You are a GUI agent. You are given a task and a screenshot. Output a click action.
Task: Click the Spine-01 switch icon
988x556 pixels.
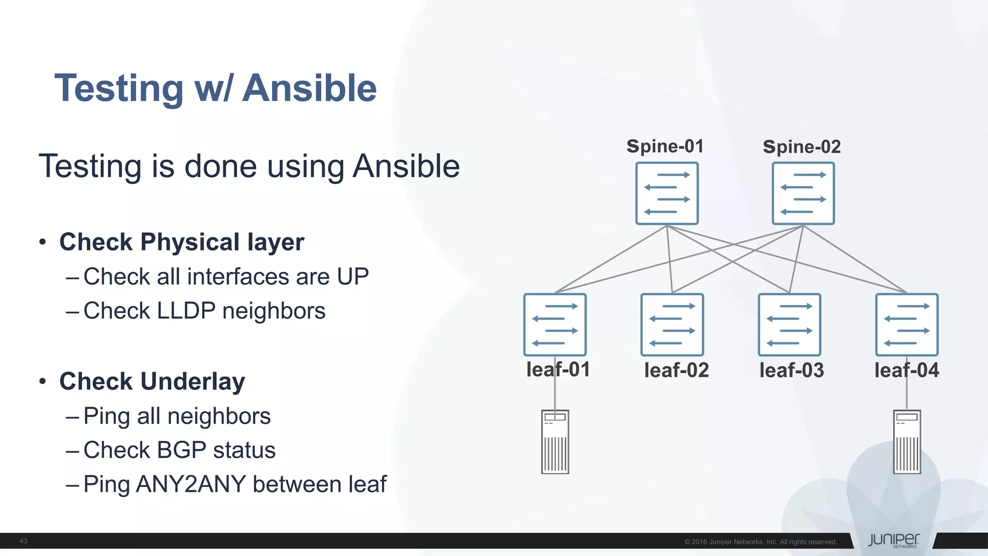point(667,194)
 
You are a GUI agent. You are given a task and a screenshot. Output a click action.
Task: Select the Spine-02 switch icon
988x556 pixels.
point(803,194)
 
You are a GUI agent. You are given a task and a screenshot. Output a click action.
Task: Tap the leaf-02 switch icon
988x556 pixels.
point(672,325)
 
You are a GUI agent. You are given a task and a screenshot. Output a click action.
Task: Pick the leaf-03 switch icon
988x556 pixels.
point(789,325)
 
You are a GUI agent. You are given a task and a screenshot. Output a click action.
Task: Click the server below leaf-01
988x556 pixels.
point(555,442)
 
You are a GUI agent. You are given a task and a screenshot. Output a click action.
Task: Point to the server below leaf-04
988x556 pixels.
point(907,442)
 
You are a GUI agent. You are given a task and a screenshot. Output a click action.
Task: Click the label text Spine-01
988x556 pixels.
point(665,146)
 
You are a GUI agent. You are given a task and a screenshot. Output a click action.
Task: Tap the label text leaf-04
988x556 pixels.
point(906,370)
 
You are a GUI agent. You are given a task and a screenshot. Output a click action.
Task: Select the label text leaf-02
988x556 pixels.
point(676,370)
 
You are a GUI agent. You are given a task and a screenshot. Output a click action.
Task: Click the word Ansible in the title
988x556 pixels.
point(309,88)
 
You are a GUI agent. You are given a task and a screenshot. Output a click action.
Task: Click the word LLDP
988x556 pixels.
point(186,311)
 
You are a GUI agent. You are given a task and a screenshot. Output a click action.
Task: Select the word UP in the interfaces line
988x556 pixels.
point(353,277)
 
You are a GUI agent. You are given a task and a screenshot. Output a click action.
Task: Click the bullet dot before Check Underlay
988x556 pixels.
point(43,381)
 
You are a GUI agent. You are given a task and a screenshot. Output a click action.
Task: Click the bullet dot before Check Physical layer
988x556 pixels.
point(43,242)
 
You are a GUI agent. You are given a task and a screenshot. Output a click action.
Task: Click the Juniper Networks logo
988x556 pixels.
point(893,541)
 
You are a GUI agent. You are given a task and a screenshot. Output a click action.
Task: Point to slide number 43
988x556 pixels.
point(23,541)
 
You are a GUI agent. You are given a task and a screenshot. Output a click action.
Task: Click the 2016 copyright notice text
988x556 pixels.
point(760,542)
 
